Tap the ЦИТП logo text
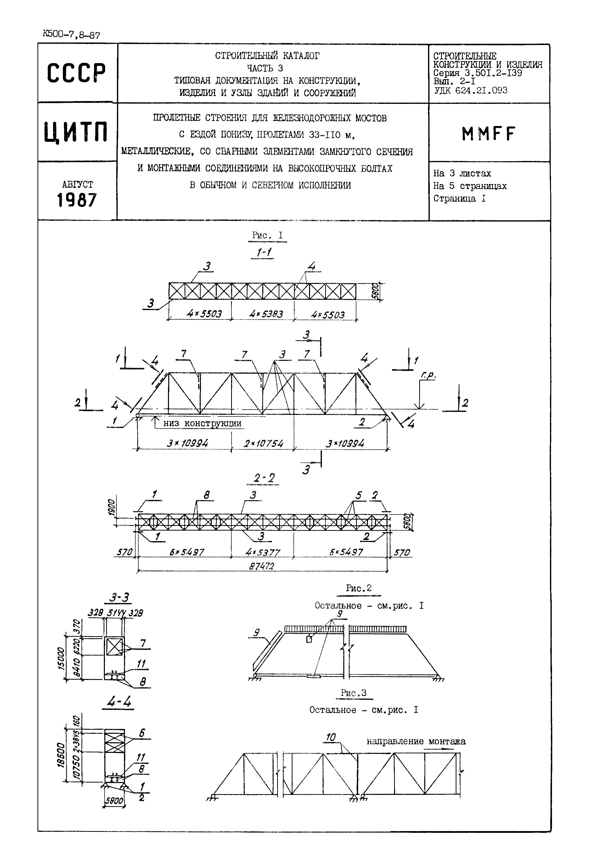[x=76, y=132]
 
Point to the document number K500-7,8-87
[x=71, y=35]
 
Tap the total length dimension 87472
[x=262, y=566]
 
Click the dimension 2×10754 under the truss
[x=264, y=444]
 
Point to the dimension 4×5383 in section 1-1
[x=266, y=314]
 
